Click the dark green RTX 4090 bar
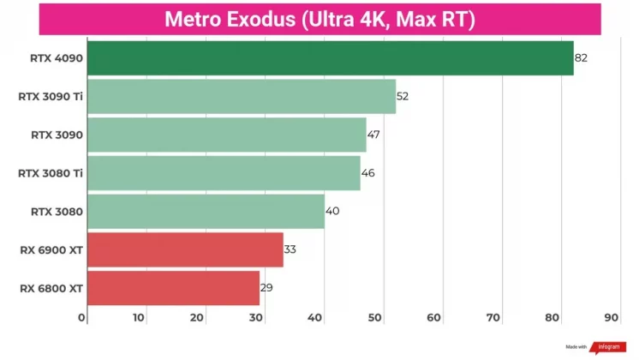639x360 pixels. [x=330, y=57]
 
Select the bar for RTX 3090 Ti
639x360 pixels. [x=241, y=96]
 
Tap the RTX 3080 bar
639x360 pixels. [x=206, y=211]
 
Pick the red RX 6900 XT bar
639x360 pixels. [x=185, y=249]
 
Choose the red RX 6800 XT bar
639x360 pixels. [x=173, y=288]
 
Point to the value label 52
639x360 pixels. [x=403, y=96]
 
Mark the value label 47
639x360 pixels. [x=373, y=135]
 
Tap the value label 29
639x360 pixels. [x=266, y=288]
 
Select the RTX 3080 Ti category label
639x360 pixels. [x=51, y=173]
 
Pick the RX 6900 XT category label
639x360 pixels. [x=51, y=250]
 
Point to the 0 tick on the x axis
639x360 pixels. [x=82, y=318]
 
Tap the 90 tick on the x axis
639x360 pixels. [x=611, y=318]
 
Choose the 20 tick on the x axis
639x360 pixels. [x=198, y=318]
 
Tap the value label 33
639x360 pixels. [x=290, y=249]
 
